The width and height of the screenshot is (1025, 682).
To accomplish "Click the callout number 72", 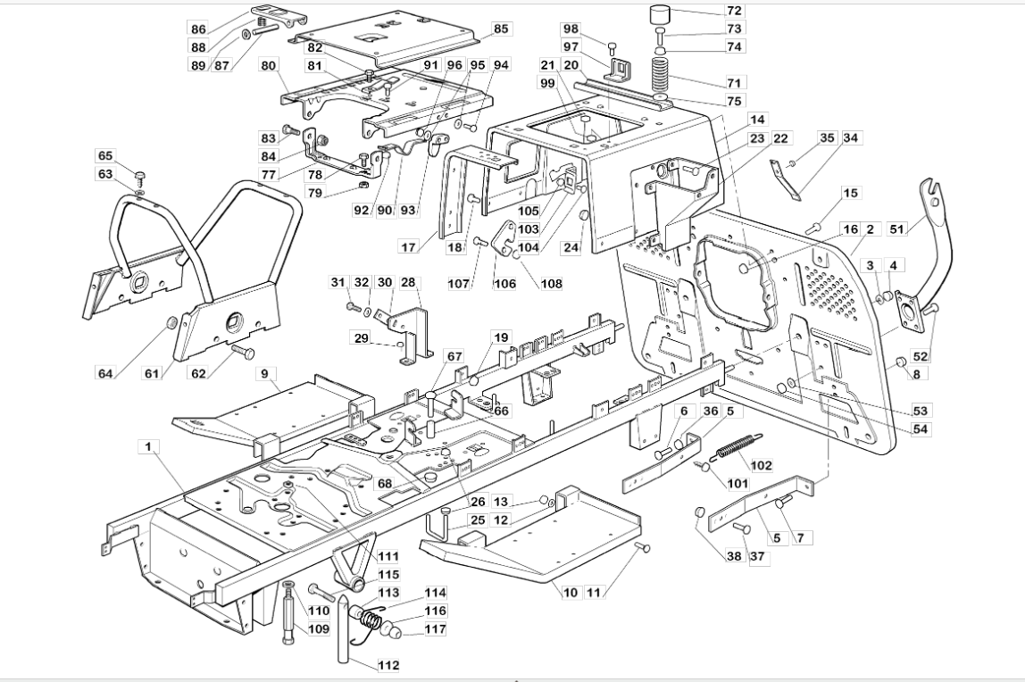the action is coord(734,11).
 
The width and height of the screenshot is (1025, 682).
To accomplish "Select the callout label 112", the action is coord(388,666).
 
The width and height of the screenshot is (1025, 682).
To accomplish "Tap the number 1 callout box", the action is coord(148,447).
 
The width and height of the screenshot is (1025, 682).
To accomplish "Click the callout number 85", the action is coord(501,29).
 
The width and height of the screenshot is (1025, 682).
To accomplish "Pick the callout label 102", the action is coord(762,466).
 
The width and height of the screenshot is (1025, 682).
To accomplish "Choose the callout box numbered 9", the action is coord(265,374).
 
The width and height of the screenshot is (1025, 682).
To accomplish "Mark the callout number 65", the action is coord(105,156).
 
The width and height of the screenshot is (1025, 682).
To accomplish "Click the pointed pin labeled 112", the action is coord(346,631).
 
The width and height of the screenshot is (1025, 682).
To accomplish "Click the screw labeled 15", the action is coord(814,228).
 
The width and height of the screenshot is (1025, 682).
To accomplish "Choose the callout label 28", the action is coord(408,282).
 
